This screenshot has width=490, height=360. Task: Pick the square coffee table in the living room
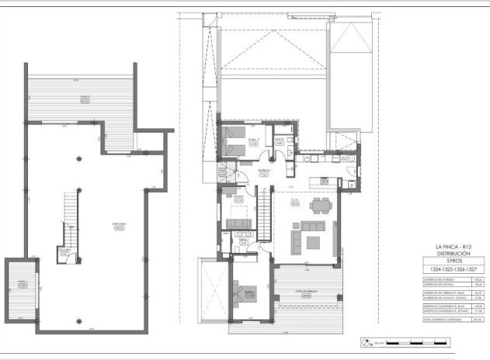point(313,242)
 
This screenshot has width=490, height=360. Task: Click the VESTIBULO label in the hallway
point(264,173)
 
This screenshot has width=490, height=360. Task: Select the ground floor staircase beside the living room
point(265,217)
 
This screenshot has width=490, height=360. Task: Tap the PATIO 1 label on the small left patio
point(23,282)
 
